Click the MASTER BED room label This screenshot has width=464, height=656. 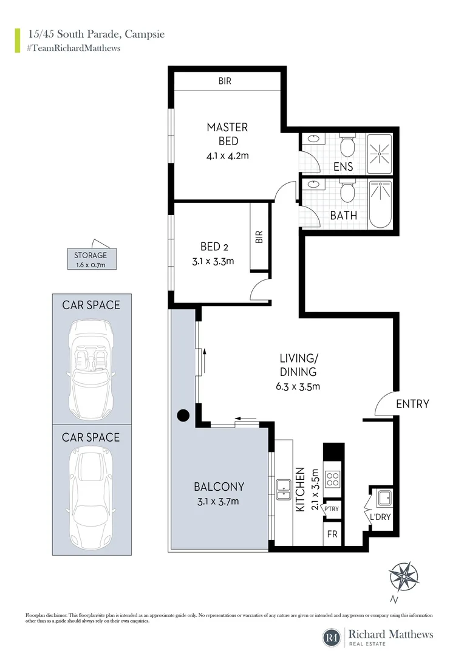coord(227,134)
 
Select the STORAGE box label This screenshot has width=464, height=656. coord(90,255)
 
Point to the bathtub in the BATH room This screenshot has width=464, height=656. coord(381,204)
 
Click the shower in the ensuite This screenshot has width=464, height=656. coord(381,153)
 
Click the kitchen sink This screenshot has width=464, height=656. coord(284,487)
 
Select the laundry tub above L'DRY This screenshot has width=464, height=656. coord(384,498)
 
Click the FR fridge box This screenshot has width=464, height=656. coord(332,535)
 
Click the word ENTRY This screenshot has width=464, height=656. coord(412,404)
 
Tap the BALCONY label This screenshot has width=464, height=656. coord(219,487)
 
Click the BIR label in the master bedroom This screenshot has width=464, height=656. coord(225,81)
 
